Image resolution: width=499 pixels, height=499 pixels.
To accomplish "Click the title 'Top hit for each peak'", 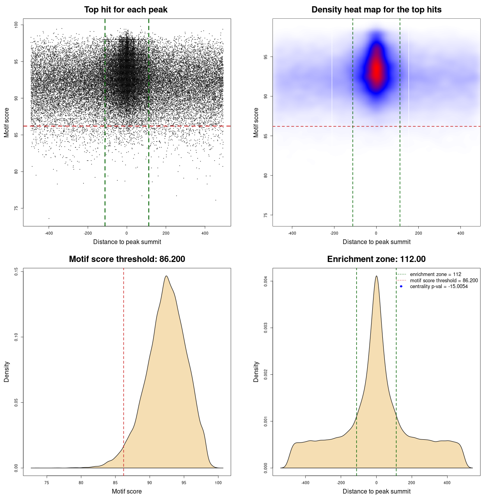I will click(126, 10).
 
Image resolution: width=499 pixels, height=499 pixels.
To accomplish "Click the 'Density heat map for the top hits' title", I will click(376, 10).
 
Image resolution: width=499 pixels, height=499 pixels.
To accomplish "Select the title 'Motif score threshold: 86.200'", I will click(127, 259).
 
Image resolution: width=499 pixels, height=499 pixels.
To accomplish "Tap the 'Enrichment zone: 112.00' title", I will click(376, 259).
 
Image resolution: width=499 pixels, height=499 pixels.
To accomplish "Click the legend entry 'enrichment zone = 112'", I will click(435, 274).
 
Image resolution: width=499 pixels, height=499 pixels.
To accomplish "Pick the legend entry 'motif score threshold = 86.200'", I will click(444, 280).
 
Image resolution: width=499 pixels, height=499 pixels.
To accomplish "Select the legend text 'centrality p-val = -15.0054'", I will click(439, 287).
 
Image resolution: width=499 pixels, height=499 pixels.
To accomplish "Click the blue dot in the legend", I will click(401, 287).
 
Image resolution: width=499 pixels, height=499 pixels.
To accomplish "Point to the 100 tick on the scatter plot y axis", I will click(16, 25).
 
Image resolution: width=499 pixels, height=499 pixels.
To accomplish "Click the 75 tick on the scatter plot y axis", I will click(16, 208).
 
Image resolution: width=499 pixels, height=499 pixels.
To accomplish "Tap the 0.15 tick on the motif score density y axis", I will click(16, 271).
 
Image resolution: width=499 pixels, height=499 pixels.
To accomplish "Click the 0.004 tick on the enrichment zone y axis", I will click(266, 281).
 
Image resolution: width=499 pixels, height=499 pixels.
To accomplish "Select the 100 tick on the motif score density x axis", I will click(218, 483).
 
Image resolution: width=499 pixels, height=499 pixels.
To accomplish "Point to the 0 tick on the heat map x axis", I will click(376, 233).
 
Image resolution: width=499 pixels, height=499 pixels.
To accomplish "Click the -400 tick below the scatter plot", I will click(49, 233).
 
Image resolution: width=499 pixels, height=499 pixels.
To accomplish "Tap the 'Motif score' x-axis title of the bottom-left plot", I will click(127, 491).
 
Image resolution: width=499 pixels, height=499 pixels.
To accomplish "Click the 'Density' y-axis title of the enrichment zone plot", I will click(256, 372).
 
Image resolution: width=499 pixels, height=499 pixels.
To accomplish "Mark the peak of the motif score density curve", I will click(166, 276).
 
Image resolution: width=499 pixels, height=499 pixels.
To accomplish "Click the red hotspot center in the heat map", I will click(376, 70).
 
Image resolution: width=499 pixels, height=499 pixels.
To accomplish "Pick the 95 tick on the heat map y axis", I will click(266, 57).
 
